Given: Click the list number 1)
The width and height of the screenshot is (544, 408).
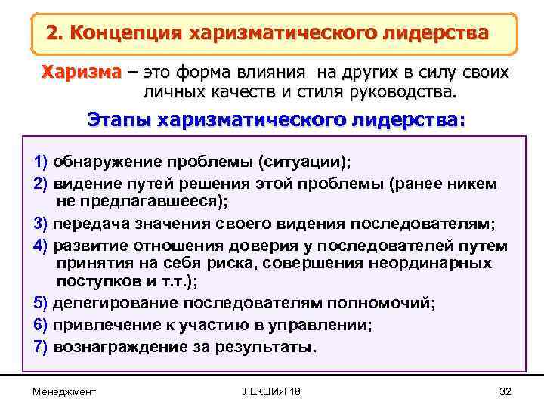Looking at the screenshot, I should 41,162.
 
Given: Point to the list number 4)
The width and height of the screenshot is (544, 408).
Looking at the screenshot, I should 41,246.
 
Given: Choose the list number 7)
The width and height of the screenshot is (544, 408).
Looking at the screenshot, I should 41,347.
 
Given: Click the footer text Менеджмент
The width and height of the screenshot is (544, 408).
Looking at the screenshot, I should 65,391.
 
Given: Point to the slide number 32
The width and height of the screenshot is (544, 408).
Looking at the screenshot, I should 505,391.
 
